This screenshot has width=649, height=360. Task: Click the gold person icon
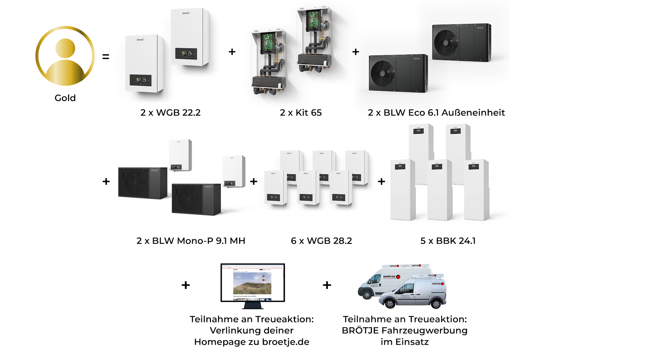coord(65,56)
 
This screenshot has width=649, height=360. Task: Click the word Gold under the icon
coord(65,98)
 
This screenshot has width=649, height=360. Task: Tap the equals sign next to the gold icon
coord(106,57)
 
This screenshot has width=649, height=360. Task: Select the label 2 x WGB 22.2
coord(170,113)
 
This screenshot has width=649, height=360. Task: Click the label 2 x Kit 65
coord(300,113)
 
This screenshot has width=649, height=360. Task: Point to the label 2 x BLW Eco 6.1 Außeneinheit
coord(436,113)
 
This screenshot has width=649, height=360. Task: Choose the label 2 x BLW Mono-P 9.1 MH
coord(191,241)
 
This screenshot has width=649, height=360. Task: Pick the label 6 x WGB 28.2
coord(321,241)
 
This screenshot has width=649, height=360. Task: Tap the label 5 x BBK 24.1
coord(448,241)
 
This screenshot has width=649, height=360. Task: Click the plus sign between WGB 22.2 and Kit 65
coord(232,52)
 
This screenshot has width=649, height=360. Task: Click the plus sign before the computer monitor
coord(186,285)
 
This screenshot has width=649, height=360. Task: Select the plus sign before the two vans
coord(327,285)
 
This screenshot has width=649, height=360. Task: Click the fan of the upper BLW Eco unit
coord(446,43)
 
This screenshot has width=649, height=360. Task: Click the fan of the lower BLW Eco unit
coord(383,74)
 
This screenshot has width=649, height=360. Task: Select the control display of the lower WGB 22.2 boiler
coord(141,80)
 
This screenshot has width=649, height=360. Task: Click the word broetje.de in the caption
coord(286,342)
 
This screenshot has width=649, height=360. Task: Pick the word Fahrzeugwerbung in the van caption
coord(424,330)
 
